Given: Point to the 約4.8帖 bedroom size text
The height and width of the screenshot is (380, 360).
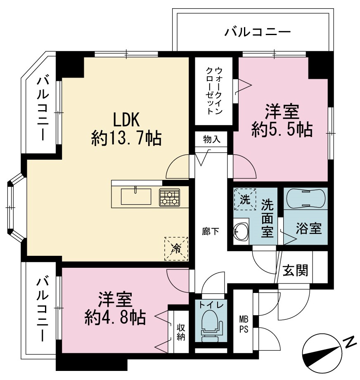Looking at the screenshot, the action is coord(115,318).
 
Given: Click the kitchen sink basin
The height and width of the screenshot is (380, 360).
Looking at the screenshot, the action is coord(136,196).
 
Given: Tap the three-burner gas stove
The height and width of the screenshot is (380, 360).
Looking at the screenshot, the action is coord(169,197).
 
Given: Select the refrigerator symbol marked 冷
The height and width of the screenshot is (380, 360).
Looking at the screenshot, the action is coord(176,249).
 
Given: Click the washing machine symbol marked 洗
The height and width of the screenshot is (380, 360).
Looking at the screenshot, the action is coord(245,199).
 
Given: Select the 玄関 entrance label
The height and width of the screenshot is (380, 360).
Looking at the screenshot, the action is coord(295,270).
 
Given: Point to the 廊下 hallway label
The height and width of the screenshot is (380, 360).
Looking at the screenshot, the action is coord(211,232).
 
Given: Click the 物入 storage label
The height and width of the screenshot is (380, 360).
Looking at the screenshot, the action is coord(212,139).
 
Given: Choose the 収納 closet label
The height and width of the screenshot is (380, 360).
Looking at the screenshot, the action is coord(181,332).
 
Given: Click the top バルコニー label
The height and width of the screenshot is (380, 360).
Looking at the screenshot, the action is coord(257,32).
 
